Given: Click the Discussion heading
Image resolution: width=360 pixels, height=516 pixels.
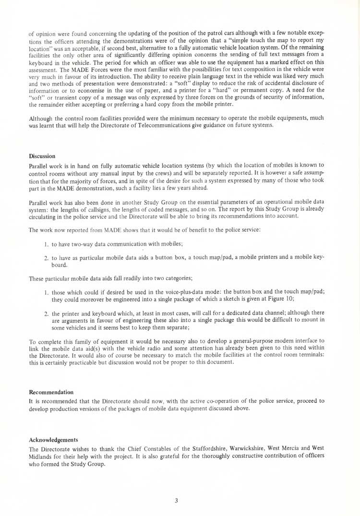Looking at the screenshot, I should [42, 156].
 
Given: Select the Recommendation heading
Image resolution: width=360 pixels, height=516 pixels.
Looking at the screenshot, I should [51, 392].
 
